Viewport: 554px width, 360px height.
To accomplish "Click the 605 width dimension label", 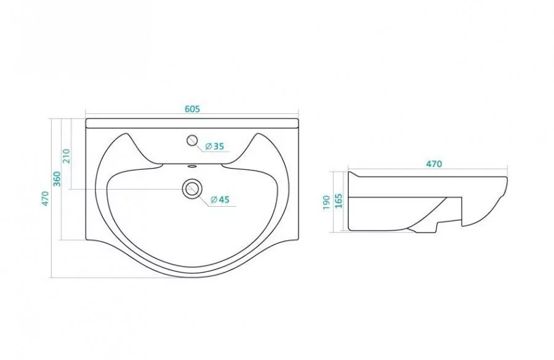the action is click(x=192, y=109).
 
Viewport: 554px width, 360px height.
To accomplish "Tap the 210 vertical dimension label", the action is click(x=66, y=156).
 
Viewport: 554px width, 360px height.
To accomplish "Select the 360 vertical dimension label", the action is click(x=57, y=178).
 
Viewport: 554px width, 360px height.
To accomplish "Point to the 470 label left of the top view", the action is click(x=44, y=199).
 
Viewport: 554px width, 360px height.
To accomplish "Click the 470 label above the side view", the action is click(x=433, y=164).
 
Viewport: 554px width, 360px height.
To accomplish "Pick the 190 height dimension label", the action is click(x=326, y=203).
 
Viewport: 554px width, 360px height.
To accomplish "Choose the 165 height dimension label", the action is click(x=339, y=201).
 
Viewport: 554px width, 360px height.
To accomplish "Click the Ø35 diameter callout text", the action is click(x=214, y=146).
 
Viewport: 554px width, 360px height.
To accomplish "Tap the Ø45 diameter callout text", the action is click(x=220, y=199).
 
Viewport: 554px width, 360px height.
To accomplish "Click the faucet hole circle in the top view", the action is click(x=192, y=140).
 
